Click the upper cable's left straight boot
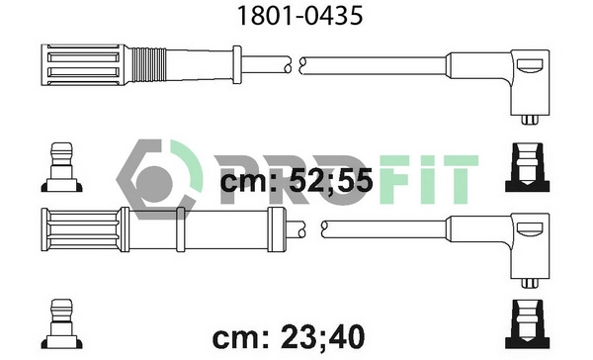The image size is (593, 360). click(83, 66)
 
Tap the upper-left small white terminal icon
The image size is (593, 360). click(61, 168)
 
